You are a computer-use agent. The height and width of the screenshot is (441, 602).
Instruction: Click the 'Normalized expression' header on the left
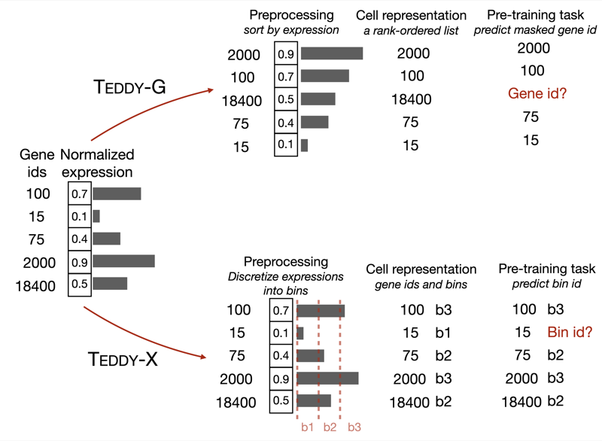(x=97, y=163)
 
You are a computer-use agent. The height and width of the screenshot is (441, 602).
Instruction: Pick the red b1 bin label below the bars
(x=307, y=427)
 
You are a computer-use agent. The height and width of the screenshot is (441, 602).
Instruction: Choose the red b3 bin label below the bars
(x=354, y=427)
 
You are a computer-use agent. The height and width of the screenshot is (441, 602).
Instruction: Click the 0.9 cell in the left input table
(x=79, y=261)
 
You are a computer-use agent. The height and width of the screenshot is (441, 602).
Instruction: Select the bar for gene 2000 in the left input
(x=123, y=261)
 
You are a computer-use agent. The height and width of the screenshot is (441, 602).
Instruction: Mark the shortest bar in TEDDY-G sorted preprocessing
(x=304, y=145)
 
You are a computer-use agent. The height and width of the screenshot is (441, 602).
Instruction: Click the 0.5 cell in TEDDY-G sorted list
(x=286, y=99)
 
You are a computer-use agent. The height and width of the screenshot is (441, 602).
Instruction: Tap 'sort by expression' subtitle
(x=291, y=30)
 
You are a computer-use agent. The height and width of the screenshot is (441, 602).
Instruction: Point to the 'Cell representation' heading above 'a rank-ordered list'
(x=411, y=15)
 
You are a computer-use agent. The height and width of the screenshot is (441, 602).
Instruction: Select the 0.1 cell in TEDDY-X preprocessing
(x=281, y=333)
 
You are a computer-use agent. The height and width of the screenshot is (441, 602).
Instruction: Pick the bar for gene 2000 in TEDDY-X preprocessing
(x=327, y=378)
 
